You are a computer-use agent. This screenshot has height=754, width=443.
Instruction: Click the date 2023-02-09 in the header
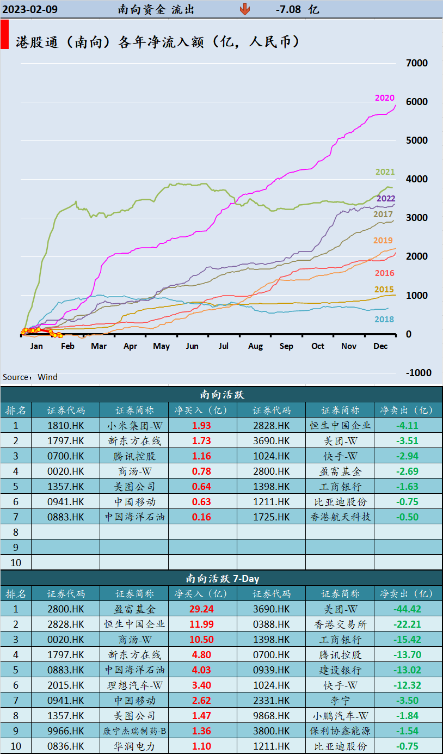click(30, 9)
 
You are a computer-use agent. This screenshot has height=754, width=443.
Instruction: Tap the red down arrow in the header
click(245, 9)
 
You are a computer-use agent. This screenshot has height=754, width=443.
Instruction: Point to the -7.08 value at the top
click(288, 9)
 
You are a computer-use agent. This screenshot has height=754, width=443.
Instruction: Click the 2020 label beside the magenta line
click(384, 98)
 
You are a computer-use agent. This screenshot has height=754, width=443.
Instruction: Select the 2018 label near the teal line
click(384, 320)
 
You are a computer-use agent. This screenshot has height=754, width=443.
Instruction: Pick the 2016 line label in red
click(384, 273)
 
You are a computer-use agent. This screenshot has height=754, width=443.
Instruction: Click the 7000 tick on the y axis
click(417, 63)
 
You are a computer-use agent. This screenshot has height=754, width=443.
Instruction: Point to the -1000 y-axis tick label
click(417, 373)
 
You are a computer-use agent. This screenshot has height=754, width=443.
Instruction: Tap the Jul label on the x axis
click(224, 346)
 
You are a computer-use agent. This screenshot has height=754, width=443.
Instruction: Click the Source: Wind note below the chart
click(30, 377)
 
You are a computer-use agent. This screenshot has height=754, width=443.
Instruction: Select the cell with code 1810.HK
click(66, 426)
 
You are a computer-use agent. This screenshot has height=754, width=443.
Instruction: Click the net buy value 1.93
click(201, 426)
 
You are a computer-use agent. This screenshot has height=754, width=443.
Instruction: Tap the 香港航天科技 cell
click(340, 517)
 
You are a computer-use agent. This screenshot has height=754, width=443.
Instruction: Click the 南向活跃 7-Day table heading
click(221, 578)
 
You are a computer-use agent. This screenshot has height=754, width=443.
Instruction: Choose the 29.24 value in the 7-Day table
click(201, 609)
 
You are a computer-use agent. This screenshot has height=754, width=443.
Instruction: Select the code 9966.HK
click(66, 731)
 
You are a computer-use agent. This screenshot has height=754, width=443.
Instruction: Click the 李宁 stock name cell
click(340, 700)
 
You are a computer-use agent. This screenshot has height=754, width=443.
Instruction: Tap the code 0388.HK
click(271, 624)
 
